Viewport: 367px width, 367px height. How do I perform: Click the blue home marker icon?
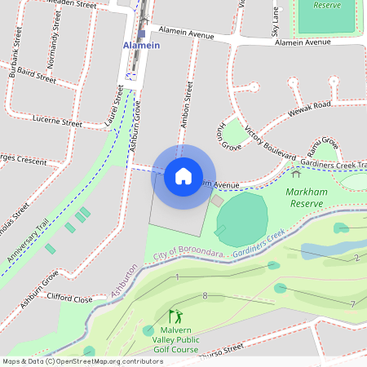coord(183,176)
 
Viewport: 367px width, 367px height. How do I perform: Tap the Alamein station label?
coord(141,46)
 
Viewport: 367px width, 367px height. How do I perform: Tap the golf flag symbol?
coord(175,316)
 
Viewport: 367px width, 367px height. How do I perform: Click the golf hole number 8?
coord(206,295)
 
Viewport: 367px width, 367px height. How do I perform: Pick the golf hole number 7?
coord(352,304)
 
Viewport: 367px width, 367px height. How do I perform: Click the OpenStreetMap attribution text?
coord(83,360)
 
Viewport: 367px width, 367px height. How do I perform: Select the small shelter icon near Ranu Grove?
coord(296,172)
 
